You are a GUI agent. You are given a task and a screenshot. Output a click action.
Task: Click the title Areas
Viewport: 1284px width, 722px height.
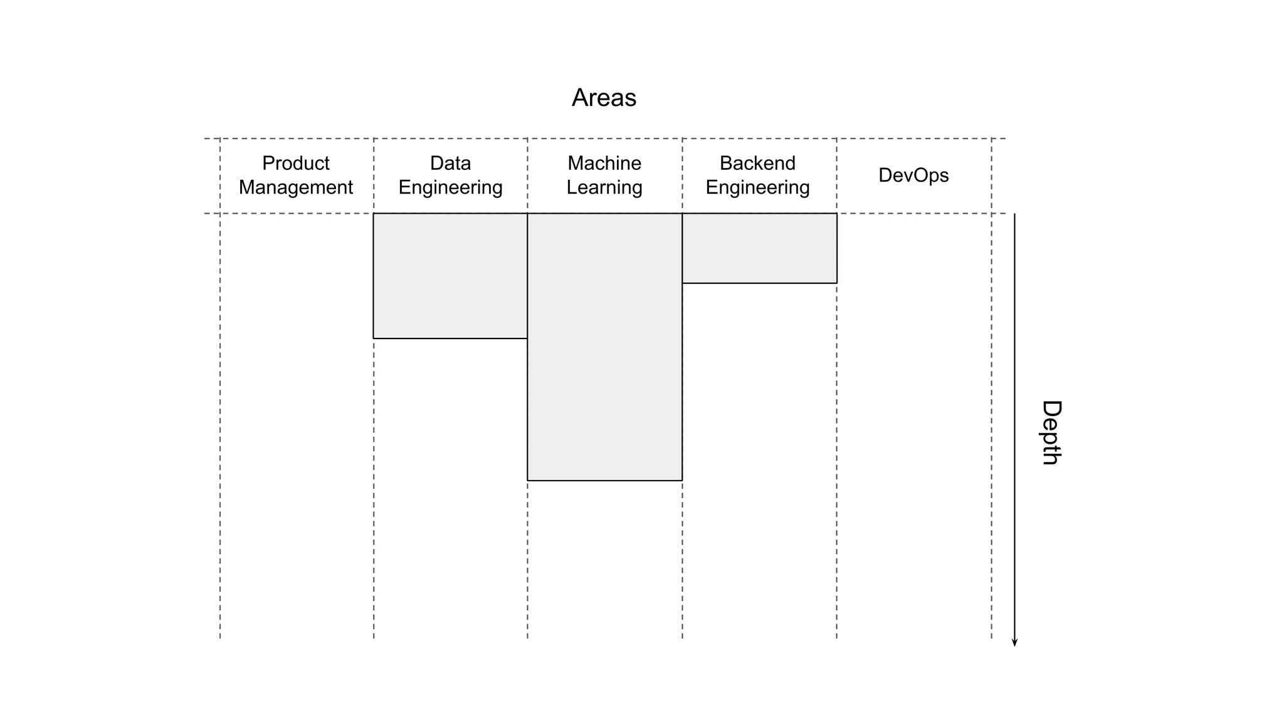[x=604, y=98]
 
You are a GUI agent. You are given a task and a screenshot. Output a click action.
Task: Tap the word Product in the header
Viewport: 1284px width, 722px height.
[x=295, y=163]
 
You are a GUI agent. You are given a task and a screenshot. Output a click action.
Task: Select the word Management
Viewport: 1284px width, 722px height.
[x=295, y=187]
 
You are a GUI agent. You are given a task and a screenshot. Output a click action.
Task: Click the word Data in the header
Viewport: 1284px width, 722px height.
[x=450, y=163]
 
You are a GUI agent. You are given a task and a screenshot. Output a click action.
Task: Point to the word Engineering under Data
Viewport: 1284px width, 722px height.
[x=450, y=187]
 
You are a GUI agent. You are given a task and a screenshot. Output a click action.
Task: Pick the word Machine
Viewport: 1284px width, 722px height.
[x=604, y=163]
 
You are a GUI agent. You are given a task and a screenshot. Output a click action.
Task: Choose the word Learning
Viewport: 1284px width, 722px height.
[x=604, y=187]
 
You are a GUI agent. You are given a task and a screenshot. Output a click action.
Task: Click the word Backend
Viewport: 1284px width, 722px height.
[x=757, y=163]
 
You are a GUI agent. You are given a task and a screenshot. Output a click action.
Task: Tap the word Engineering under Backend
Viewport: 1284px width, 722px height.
[x=757, y=187]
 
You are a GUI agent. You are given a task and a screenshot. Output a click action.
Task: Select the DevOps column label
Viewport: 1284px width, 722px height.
[x=913, y=175]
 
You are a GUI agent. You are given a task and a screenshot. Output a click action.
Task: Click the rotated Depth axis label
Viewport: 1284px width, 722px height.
[x=1051, y=432]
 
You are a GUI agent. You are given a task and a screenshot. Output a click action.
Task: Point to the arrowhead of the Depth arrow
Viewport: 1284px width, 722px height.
[x=1014, y=642]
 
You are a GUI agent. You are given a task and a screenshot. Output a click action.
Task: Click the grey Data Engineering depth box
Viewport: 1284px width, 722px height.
[x=450, y=276]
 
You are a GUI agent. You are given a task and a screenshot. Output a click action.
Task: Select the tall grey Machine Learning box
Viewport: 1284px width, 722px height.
[x=604, y=347]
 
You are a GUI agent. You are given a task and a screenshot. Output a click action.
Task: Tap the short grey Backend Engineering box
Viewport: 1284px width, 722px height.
[x=759, y=248]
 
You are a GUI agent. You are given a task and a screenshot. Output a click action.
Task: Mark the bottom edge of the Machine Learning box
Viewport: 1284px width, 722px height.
[x=604, y=481]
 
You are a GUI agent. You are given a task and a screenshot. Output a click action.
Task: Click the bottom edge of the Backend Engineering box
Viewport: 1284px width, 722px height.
[x=759, y=283]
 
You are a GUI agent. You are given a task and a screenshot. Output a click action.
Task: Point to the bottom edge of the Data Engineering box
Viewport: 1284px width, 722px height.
[x=450, y=338]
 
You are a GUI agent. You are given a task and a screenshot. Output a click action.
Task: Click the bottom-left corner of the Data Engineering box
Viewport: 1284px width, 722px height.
[x=374, y=338]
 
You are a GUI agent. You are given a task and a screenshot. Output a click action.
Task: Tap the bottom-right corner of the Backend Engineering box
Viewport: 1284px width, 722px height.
[x=837, y=283]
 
